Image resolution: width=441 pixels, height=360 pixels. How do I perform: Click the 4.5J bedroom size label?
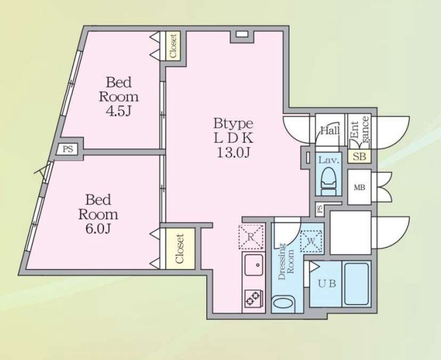click(119, 111)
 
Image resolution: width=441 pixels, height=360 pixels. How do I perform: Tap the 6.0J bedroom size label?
click(98, 229)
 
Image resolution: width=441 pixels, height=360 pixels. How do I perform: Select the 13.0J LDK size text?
click(233, 152)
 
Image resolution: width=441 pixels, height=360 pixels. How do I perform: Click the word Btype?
click(233, 124)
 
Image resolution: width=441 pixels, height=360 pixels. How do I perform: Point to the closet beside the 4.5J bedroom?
click(173, 45)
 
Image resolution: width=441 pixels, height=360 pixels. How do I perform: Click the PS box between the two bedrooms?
click(68, 149)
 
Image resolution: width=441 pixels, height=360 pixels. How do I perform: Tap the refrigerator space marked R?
click(251, 237)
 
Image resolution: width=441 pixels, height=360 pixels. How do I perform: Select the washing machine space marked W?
click(311, 241)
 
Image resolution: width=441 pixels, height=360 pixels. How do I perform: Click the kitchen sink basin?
click(254, 265)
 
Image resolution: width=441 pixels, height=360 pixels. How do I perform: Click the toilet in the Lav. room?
click(329, 181)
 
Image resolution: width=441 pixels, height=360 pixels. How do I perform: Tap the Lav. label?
click(329, 160)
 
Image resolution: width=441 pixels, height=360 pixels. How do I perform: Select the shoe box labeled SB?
click(359, 156)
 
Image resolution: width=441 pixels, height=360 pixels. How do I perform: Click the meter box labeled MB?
click(359, 187)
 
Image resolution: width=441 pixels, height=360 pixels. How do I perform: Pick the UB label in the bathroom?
click(327, 284)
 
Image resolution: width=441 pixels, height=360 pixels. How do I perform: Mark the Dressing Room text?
click(286, 262)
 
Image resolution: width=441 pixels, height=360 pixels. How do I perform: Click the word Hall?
click(330, 131)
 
